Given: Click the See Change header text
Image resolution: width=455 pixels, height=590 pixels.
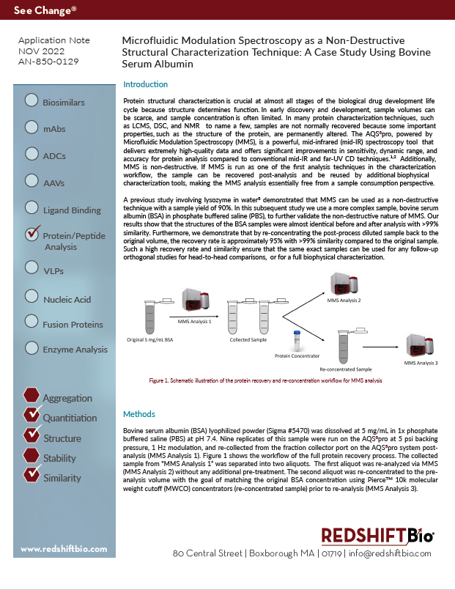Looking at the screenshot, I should (45, 11).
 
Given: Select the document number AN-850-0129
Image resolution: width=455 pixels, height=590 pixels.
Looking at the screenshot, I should (48, 62).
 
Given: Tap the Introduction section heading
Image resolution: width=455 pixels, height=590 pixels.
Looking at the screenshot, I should (146, 84).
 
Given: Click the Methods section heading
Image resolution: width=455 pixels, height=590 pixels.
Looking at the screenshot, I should (138, 414).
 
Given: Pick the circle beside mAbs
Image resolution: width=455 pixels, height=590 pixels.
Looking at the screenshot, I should (32, 127).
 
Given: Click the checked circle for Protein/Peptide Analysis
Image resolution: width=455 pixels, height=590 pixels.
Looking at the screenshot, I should (32, 235).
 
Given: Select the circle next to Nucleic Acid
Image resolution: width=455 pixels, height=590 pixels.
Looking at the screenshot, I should (32, 296).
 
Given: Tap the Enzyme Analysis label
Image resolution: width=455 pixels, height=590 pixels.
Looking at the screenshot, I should (75, 350).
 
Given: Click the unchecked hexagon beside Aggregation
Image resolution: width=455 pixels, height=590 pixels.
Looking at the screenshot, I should (32, 395).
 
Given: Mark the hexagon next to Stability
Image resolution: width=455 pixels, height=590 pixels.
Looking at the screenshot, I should (32, 456).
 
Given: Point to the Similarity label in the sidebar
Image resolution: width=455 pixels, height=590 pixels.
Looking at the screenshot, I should (62, 478).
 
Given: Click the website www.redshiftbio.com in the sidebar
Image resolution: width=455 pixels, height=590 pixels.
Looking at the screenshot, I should (60, 549).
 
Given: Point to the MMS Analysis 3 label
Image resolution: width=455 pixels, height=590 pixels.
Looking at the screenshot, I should (421, 363).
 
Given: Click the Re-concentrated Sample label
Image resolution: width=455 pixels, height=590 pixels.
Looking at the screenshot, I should (345, 371).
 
